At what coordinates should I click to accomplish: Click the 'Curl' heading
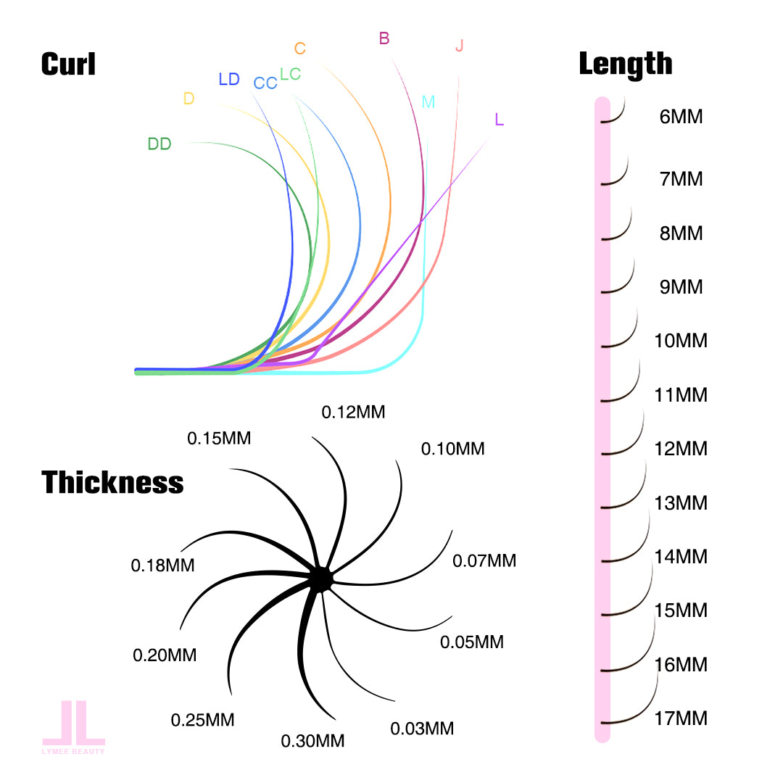[x=68, y=65]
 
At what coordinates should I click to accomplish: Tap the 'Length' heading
[x=625, y=65]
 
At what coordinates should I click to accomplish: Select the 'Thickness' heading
[x=112, y=482]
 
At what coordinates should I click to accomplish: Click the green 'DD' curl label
[x=159, y=144]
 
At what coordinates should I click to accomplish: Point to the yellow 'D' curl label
[x=188, y=99]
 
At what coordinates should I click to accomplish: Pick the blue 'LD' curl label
[x=228, y=80]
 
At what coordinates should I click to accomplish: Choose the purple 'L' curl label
[x=499, y=120]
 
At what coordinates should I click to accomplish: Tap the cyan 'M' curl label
[x=428, y=102]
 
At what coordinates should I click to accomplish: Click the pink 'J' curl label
[x=459, y=46]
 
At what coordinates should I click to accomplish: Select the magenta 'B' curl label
[x=384, y=39]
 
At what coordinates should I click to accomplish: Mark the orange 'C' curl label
[x=299, y=49]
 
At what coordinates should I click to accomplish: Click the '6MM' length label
[x=681, y=117]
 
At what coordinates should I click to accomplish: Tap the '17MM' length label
[x=680, y=718]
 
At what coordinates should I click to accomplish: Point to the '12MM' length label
[x=680, y=449]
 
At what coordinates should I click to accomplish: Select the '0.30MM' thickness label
[x=312, y=741]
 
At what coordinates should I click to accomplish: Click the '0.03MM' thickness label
[x=422, y=729]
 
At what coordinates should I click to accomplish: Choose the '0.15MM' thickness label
[x=219, y=439]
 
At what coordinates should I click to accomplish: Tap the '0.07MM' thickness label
[x=484, y=560]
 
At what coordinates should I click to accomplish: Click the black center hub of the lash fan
[x=320, y=578]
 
